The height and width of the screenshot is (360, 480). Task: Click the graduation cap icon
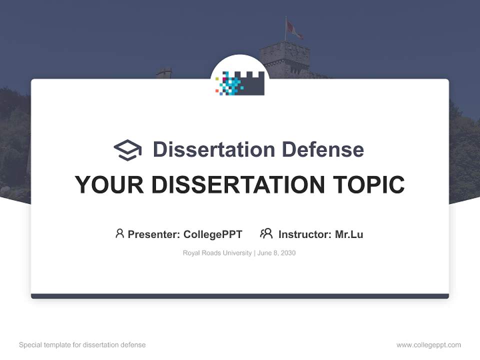[127, 150]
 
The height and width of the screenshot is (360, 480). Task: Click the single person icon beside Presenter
[119, 233]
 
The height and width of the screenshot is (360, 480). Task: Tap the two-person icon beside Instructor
[266, 233]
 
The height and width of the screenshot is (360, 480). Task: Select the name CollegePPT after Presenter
[212, 234]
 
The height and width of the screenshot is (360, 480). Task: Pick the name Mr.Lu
[349, 234]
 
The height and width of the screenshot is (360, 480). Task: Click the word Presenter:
[154, 234]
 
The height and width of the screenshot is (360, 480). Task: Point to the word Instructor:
[305, 234]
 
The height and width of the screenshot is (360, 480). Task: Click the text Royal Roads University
[217, 253]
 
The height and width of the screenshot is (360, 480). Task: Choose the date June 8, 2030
[276, 253]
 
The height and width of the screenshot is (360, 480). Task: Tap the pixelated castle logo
[240, 83]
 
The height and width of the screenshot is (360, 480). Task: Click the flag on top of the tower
[293, 29]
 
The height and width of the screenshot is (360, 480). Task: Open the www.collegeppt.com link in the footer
[428, 345]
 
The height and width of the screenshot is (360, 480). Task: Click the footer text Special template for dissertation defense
[82, 345]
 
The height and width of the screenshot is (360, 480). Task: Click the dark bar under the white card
[240, 296]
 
